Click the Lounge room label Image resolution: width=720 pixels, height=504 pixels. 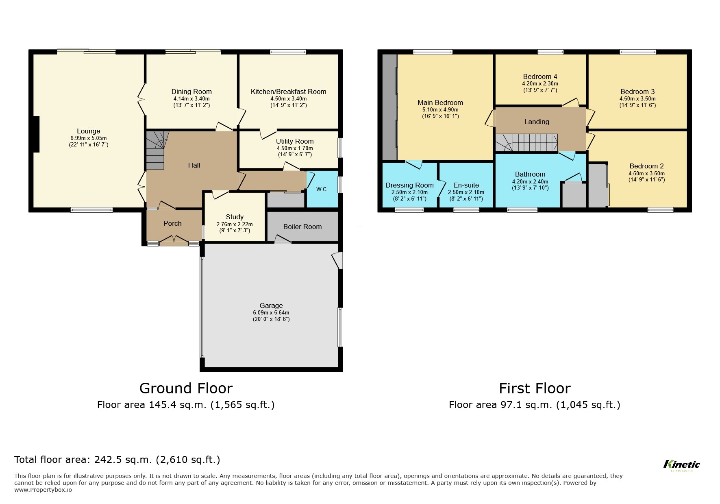point(88,131)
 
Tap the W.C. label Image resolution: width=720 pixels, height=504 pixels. point(322,190)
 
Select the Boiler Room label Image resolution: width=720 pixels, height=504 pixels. point(302,227)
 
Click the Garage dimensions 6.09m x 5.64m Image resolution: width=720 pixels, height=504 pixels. point(271,312)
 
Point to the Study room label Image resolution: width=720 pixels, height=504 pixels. point(235,217)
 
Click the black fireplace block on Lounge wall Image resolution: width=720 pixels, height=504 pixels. point(36,134)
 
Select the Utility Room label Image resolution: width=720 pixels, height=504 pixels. point(295,141)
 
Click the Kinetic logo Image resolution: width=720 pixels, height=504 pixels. point(681,465)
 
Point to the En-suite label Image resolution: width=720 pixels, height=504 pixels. point(466,185)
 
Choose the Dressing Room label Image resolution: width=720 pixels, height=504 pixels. point(409,185)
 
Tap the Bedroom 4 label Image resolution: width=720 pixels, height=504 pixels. point(540,76)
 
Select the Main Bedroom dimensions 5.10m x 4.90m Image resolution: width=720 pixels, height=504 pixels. point(440,109)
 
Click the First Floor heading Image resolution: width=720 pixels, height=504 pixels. point(534,388)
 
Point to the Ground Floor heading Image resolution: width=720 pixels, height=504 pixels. point(186,388)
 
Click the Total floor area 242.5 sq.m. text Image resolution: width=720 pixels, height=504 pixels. point(117,460)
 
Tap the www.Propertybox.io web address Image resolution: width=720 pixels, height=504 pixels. point(43,490)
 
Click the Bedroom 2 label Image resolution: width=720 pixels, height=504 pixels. point(646,166)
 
